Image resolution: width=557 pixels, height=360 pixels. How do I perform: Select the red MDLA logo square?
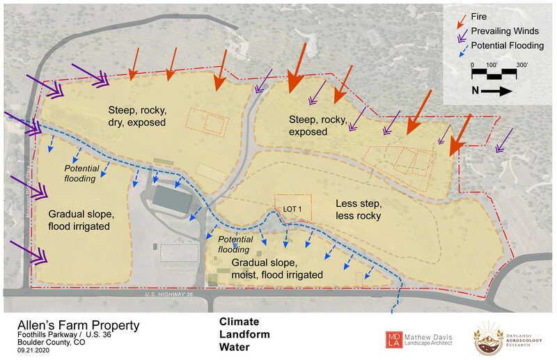tap(395, 338)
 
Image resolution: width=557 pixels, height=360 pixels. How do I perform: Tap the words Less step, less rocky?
tap(359, 210)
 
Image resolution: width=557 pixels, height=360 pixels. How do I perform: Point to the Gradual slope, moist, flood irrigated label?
tap(277, 269)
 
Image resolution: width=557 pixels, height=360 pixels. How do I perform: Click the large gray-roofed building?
tap(174, 198)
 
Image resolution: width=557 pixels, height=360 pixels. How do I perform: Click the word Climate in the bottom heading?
tap(239, 322)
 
